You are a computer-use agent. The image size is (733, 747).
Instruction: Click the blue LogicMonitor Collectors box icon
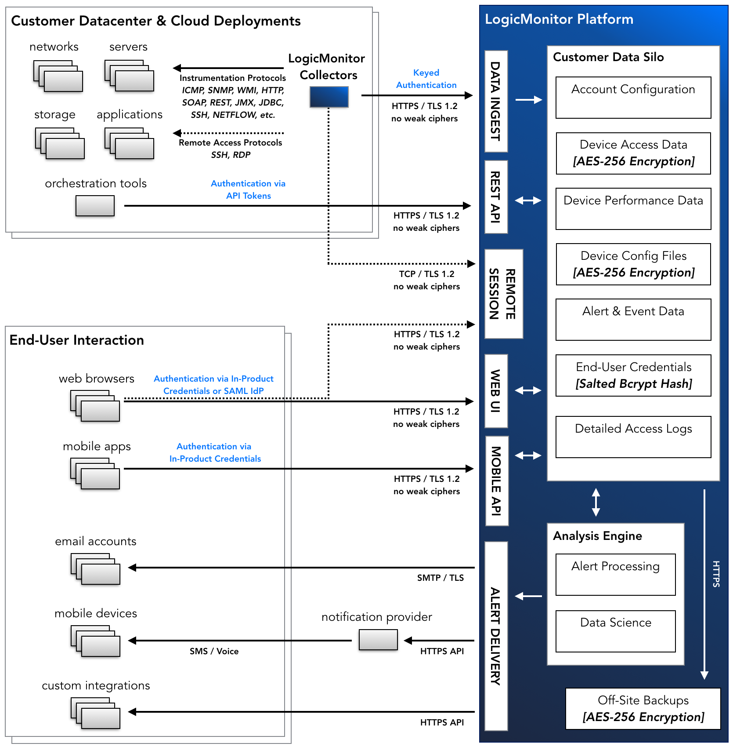click(329, 97)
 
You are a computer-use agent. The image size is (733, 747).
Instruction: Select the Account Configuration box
click(633, 98)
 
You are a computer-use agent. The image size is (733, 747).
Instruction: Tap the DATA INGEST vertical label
click(496, 101)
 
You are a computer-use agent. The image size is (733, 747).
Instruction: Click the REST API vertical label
click(496, 197)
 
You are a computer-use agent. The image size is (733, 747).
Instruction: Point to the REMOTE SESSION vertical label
click(503, 294)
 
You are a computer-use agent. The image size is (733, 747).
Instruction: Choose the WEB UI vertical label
click(496, 390)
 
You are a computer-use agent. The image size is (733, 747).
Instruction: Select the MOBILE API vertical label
click(496, 481)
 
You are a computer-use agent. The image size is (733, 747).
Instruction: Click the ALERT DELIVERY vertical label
click(496, 635)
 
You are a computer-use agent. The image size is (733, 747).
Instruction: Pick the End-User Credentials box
click(633, 375)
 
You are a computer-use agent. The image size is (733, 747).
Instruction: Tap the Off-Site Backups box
click(643, 708)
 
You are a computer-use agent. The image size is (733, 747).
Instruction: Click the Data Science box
click(615, 631)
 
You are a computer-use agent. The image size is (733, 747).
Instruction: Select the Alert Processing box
click(615, 574)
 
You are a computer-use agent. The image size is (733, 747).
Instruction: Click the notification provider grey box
click(378, 639)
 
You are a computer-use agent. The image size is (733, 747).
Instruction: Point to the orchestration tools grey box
click(95, 205)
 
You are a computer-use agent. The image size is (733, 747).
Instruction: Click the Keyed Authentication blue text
click(426, 79)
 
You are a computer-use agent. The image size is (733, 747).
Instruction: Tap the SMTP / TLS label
click(440, 578)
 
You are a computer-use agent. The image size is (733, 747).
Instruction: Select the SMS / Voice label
click(214, 651)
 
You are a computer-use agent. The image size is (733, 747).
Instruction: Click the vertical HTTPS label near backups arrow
click(716, 574)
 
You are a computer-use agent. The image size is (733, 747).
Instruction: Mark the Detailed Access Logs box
click(633, 437)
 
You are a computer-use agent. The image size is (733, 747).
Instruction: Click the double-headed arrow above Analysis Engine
click(596, 502)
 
